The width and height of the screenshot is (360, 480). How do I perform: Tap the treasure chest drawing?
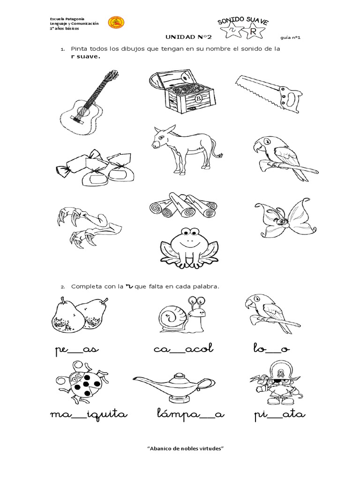point(182,92)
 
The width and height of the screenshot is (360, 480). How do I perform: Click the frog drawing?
point(189,248)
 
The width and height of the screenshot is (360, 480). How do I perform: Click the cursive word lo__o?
point(271,348)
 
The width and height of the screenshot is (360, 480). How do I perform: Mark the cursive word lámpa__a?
point(191,413)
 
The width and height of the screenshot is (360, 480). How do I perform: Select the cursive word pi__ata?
point(280,415)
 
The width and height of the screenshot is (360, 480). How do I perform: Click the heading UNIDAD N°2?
point(188,37)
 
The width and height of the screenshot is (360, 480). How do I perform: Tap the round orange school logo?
point(116,23)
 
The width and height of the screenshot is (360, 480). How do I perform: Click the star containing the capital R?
point(253,31)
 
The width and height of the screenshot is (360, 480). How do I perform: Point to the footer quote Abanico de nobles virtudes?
point(186,449)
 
